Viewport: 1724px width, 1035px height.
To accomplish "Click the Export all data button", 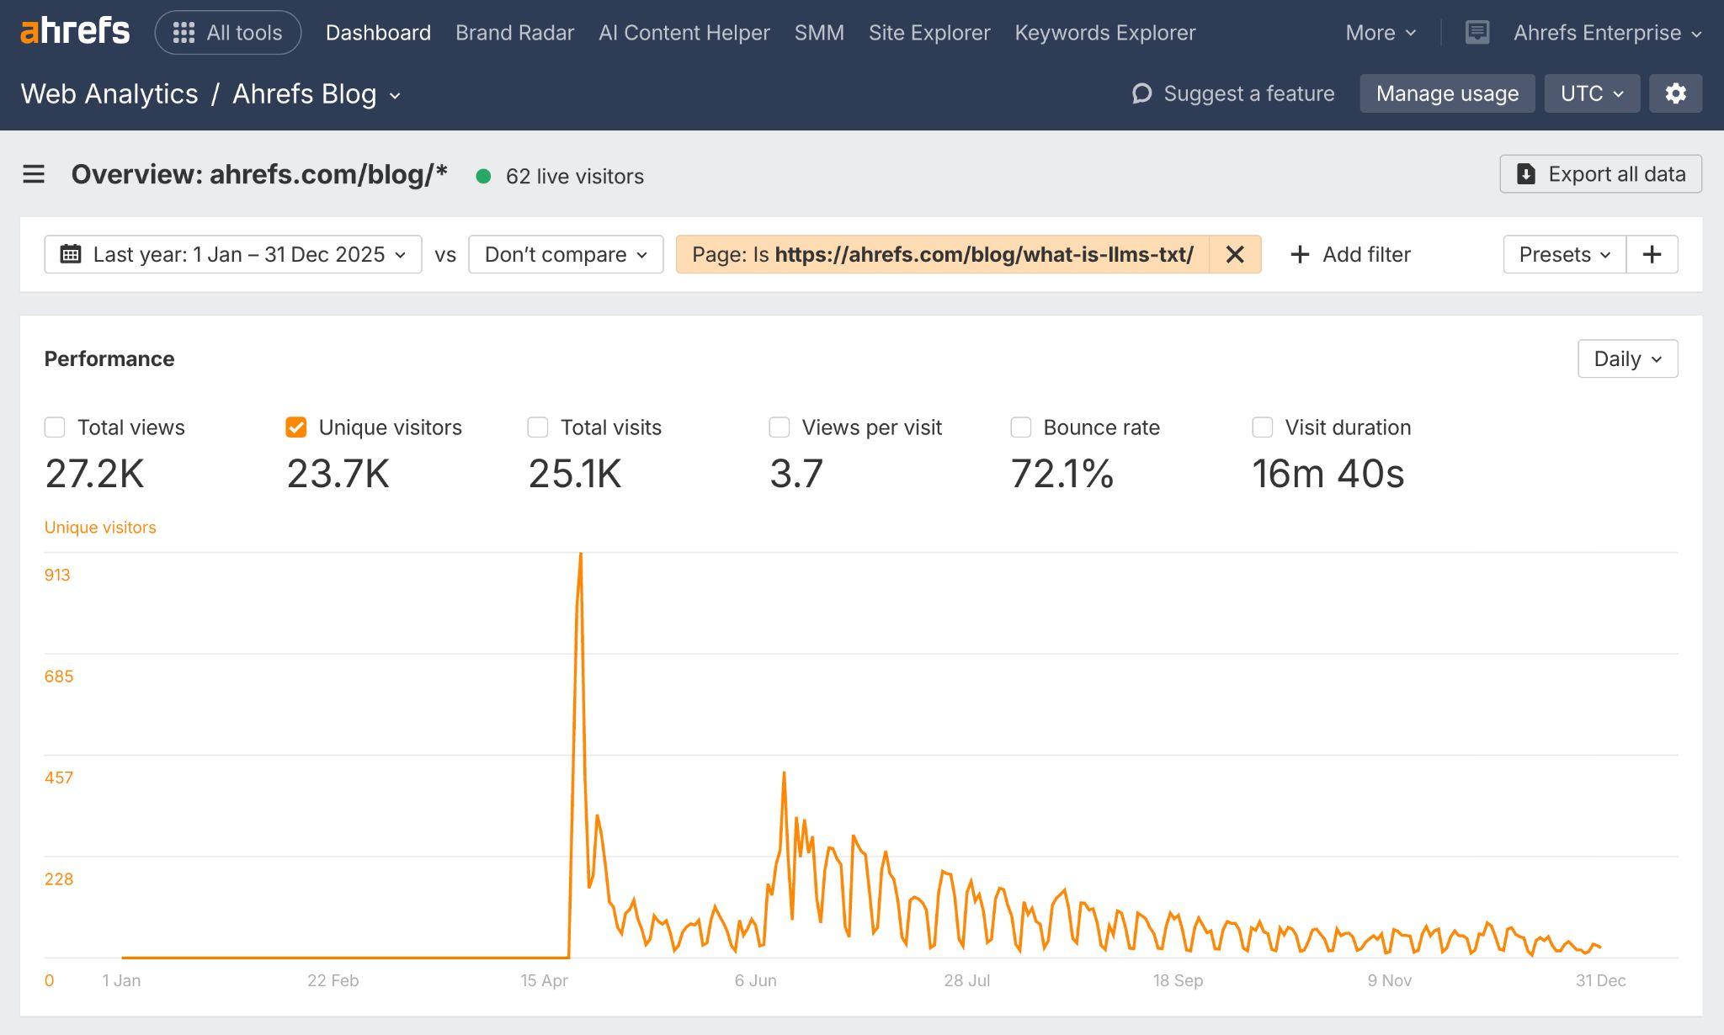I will click(x=1600, y=174).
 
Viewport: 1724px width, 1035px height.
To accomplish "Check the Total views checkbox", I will click(x=55, y=427).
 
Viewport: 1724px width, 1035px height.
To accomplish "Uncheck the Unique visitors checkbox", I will click(x=296, y=427).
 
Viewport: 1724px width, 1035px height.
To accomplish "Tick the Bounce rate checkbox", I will click(x=1021, y=427).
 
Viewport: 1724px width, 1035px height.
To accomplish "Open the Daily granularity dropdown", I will click(x=1627, y=359).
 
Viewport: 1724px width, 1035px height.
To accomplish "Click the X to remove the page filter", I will click(x=1235, y=254).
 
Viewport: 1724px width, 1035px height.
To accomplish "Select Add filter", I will click(x=1350, y=254).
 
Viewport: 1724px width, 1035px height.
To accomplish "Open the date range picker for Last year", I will click(x=233, y=254).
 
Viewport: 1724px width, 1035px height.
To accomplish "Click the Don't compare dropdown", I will click(x=566, y=254).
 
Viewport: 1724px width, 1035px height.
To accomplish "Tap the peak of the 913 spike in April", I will click(x=581, y=555).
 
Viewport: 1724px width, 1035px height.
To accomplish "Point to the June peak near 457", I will click(x=784, y=772).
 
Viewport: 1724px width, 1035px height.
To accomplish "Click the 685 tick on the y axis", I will click(x=59, y=677).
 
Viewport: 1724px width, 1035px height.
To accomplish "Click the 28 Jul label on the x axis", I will click(x=966, y=980).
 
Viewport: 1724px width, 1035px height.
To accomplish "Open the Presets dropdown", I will click(x=1564, y=254).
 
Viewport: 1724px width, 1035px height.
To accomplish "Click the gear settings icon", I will click(x=1675, y=93).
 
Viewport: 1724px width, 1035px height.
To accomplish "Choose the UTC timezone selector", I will click(x=1591, y=93).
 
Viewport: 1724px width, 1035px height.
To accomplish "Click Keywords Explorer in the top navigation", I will click(x=1104, y=33).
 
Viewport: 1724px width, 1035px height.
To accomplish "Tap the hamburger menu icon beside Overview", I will click(x=34, y=174).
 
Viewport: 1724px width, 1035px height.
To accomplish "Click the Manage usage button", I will click(x=1447, y=93).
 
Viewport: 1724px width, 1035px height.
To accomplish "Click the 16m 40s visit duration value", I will click(x=1328, y=474).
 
